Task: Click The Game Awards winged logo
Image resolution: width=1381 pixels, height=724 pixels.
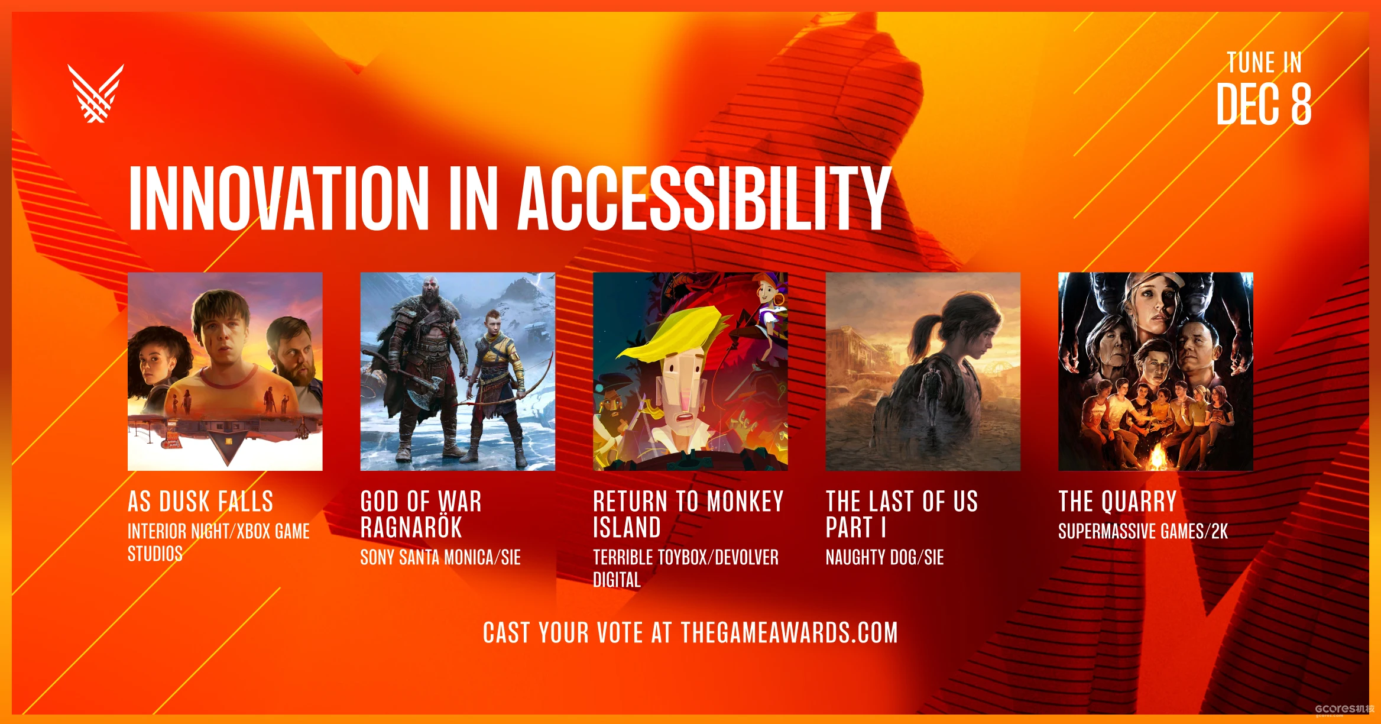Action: click(x=96, y=93)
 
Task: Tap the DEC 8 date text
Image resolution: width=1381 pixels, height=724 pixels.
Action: click(x=1263, y=104)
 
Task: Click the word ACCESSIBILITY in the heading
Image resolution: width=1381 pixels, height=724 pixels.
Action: click(x=704, y=198)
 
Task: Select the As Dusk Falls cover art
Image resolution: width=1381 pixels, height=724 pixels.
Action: click(x=225, y=371)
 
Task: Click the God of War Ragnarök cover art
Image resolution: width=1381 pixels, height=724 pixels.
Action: click(x=458, y=371)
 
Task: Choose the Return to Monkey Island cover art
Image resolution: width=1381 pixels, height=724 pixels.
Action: click(x=690, y=371)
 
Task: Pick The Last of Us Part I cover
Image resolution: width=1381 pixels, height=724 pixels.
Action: click(x=923, y=371)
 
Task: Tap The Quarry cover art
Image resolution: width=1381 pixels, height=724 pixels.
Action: click(x=1156, y=371)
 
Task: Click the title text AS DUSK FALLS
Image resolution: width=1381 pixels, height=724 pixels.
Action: click(x=200, y=502)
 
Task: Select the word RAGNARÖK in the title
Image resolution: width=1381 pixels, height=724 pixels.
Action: click(x=411, y=526)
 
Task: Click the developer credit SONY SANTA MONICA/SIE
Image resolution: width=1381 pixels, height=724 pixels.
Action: click(x=440, y=557)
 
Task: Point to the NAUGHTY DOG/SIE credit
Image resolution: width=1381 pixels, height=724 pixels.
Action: click(x=884, y=557)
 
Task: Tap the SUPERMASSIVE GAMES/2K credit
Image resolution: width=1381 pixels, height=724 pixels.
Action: click(x=1143, y=531)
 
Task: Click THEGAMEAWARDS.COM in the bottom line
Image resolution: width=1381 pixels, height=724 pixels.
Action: click(x=789, y=633)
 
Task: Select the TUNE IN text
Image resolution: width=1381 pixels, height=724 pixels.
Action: click(x=1265, y=63)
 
